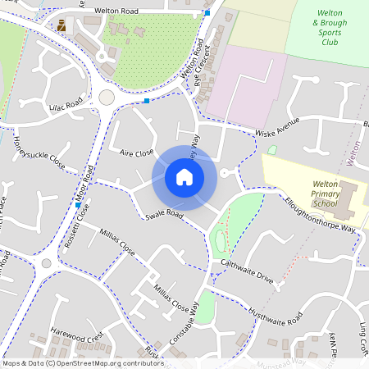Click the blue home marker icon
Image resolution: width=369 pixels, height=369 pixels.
[x=184, y=177]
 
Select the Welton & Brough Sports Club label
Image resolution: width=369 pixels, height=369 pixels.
[x=330, y=33]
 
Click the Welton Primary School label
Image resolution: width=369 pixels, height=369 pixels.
[x=326, y=194]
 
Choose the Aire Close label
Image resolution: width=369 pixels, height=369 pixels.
[x=136, y=153]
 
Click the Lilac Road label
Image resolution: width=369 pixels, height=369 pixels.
[x=66, y=106]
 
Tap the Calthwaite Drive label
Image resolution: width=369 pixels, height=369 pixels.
[x=247, y=271]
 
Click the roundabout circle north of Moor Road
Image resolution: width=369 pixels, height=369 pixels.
[x=107, y=98]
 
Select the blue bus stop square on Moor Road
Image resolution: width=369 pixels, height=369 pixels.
[x=77, y=206]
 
